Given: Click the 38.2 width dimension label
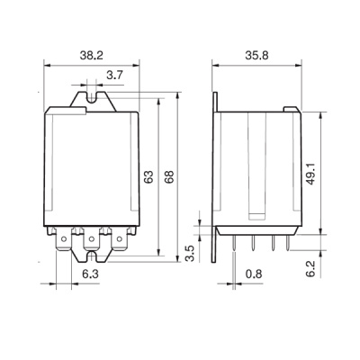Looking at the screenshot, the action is [91, 56].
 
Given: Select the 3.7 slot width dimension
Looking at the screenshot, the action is [114, 76].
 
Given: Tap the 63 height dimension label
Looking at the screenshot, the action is [148, 177].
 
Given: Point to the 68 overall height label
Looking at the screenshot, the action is [169, 177].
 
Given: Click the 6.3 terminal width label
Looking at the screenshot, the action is [91, 274].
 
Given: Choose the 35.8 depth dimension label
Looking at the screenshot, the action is [256, 56].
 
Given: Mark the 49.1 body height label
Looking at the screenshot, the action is [311, 174].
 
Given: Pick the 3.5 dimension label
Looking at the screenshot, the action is [191, 254].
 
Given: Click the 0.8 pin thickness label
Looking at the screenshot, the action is [254, 274].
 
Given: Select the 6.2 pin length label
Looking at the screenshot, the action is [311, 268].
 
